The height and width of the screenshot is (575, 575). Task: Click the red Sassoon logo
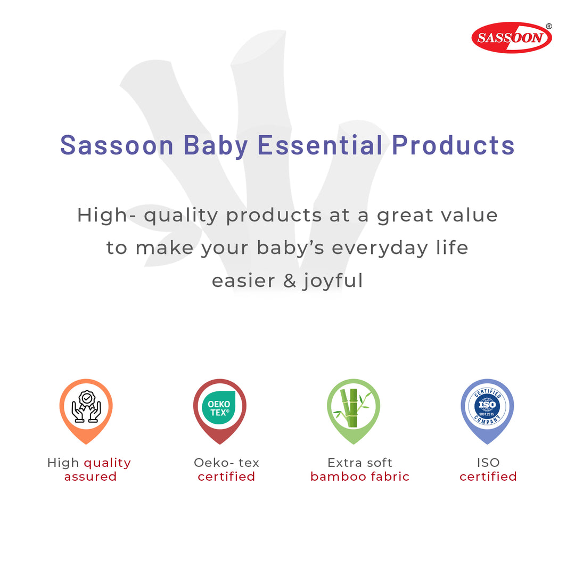point(512,37)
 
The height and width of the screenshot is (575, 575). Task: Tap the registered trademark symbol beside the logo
point(549,26)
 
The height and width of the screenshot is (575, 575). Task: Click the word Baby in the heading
point(216,146)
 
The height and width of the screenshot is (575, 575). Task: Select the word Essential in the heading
point(320,145)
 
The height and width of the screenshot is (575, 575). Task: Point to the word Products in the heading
point(453,145)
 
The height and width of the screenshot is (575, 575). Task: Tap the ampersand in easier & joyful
point(289,281)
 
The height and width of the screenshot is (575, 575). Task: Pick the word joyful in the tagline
point(333,281)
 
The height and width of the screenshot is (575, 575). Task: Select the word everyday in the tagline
point(380,248)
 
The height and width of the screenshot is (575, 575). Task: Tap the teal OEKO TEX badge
point(219,408)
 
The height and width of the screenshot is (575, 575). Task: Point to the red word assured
point(90,477)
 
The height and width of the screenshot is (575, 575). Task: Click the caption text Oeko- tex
point(226,463)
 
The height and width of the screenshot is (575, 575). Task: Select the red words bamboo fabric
point(359,477)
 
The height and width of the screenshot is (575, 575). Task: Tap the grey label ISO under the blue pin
point(488,463)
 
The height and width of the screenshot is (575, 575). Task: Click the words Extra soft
point(360,463)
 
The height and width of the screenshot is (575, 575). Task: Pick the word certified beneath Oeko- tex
point(226,477)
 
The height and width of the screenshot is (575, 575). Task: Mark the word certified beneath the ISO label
point(488,477)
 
